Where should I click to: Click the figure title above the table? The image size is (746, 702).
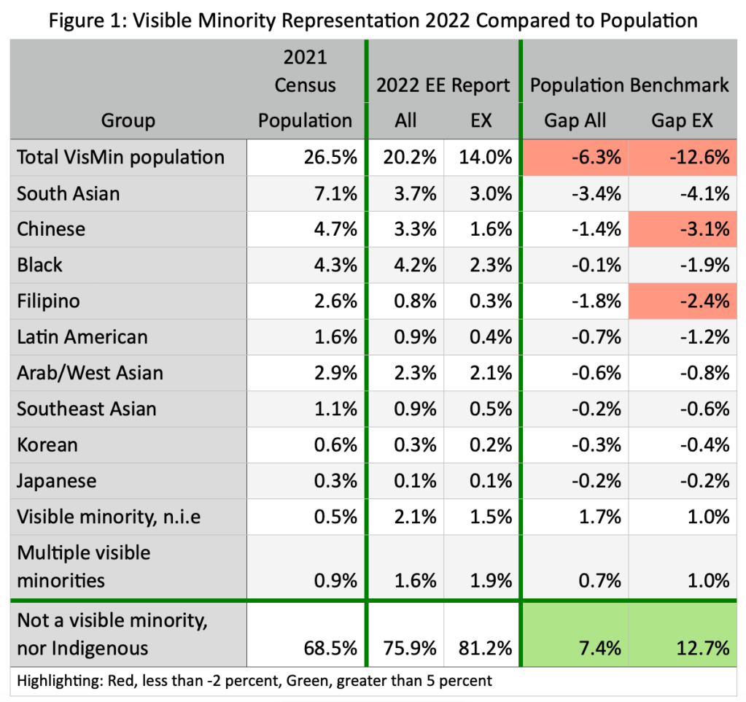pos(373,20)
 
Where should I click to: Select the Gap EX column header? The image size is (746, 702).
pos(682,120)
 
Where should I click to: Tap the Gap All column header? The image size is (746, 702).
pos(575,120)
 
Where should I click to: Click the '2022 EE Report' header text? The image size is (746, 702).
pos(443,85)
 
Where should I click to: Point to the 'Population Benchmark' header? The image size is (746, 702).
pos(629,85)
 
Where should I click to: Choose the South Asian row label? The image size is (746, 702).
pos(69,193)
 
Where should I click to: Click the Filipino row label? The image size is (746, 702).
pos(49,301)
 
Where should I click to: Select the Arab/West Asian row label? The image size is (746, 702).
pos(90,373)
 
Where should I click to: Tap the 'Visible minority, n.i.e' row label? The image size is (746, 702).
pos(109,517)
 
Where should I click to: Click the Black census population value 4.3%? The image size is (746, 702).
pos(335,265)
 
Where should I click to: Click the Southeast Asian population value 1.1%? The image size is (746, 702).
pos(335,409)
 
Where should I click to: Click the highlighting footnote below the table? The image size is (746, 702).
pos(255,681)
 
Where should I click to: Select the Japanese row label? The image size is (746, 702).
pos(57,481)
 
